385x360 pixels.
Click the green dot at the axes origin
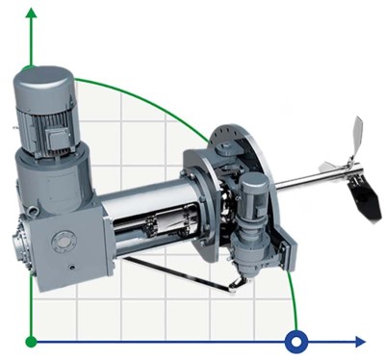pos(32,341)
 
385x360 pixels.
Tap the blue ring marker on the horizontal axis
pos(296,341)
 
